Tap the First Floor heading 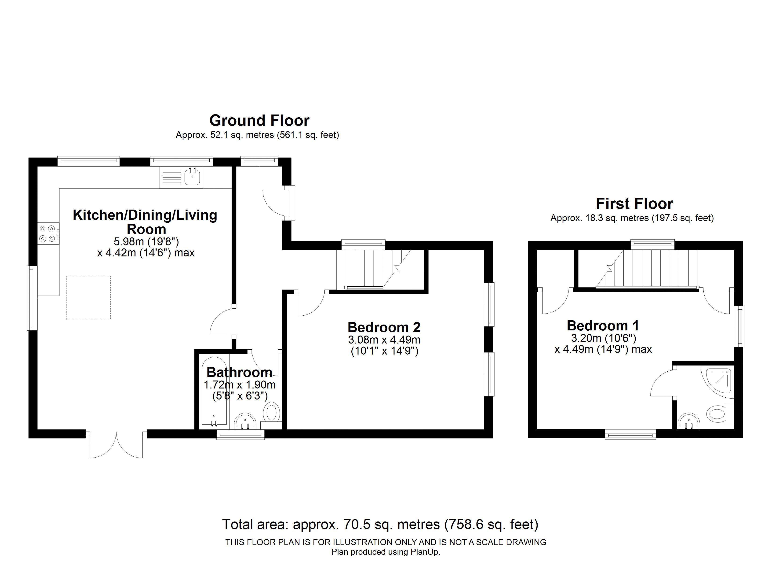point(634,204)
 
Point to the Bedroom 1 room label point(603,326)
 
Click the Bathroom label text point(239,372)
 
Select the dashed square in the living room point(88,298)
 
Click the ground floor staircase point(373,269)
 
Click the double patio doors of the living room point(116,445)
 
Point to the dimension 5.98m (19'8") point(146,242)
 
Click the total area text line point(380,524)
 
